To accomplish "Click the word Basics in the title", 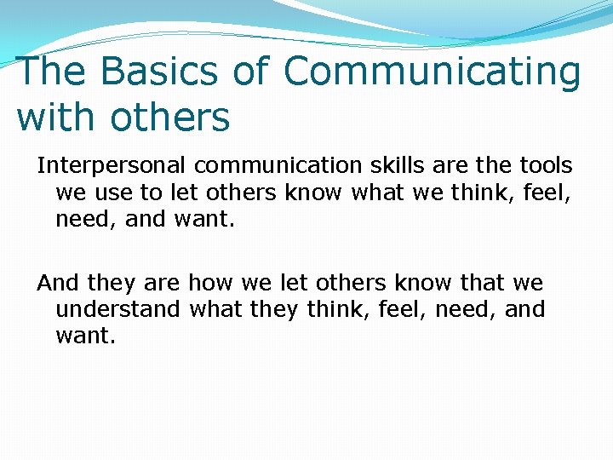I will click(x=167, y=72).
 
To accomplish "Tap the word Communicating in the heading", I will click(x=432, y=72).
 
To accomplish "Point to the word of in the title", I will click(x=251, y=72).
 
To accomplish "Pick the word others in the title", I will click(x=170, y=118).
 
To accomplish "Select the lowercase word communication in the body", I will click(x=260, y=165).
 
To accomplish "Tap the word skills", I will click(x=375, y=165).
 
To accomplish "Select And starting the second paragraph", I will click(x=57, y=282).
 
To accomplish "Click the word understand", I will click(x=117, y=309).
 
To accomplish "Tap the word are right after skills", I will click(x=436, y=165).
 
